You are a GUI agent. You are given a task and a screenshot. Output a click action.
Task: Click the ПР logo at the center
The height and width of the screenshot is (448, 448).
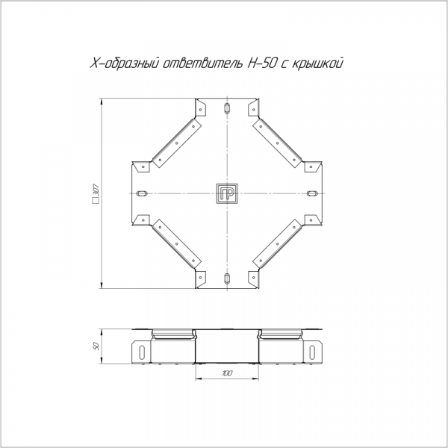(227, 193)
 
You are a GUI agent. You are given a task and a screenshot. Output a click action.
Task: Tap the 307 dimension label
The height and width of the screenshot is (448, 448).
(96, 190)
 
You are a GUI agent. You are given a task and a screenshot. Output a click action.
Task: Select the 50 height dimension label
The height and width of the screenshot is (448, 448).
(96, 346)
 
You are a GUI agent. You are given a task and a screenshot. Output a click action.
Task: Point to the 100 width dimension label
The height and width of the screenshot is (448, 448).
(227, 373)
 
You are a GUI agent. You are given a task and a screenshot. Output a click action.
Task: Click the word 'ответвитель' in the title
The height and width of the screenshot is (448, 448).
(202, 63)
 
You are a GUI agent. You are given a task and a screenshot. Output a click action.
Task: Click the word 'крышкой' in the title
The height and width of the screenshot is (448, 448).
(317, 63)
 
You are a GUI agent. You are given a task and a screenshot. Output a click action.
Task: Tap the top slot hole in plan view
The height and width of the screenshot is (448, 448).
(227, 108)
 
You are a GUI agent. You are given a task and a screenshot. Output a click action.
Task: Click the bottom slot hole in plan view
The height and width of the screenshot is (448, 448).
(227, 279)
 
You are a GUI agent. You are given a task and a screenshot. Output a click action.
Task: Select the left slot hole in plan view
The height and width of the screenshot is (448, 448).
(142, 193)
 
